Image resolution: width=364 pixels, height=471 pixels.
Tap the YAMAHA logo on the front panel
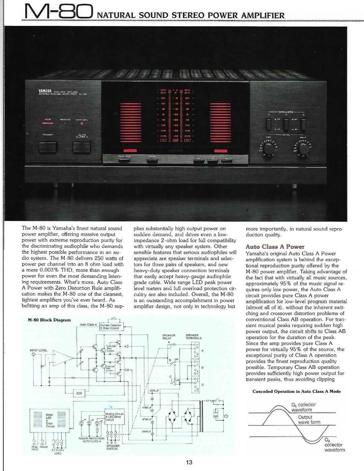coord(44,91)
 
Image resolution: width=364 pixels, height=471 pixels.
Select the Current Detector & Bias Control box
coord(111,326)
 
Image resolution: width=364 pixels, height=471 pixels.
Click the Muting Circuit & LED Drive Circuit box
coord(115,417)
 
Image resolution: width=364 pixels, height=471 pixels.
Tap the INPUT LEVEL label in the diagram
coord(38,350)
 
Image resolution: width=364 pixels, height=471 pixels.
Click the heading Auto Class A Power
coord(275,247)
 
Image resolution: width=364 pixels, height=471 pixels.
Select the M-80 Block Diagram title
coord(49,320)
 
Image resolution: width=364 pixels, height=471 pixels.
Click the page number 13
coord(189,462)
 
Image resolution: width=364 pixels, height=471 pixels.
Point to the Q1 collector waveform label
coord(303,407)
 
